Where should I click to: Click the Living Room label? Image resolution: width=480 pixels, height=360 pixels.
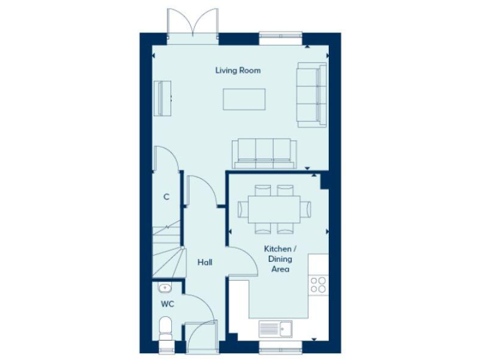(238, 71)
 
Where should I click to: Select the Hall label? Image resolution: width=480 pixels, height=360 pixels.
(204, 262)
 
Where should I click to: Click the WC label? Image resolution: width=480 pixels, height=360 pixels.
(167, 304)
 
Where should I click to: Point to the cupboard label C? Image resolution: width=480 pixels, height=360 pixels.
(166, 197)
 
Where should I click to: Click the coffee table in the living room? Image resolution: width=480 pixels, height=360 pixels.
(244, 99)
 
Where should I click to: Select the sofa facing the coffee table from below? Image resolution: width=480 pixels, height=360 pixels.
(264, 153)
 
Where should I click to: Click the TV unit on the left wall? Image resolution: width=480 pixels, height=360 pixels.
(164, 98)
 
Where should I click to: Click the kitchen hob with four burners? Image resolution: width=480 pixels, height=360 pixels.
(318, 284)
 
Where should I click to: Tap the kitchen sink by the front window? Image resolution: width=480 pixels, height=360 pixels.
(275, 327)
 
